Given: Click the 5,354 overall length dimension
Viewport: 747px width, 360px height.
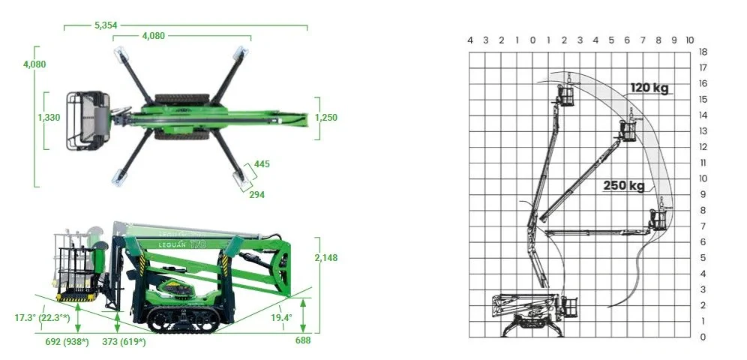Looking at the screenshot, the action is coord(106,25).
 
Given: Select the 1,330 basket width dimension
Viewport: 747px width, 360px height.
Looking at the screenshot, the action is coord(49,117).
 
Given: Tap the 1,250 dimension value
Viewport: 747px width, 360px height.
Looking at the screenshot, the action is coord(325,117).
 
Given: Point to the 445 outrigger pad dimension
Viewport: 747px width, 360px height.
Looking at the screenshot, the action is coord(262,164).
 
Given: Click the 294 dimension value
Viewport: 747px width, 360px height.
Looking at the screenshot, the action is coord(256,195).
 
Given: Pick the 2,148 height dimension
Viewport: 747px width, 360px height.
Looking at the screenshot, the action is coord(325,257).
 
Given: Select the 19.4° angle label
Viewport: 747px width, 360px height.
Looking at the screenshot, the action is coord(282,317).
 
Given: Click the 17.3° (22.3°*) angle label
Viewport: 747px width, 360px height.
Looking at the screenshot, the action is coord(43,317).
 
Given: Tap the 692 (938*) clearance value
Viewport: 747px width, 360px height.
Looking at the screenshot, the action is coord(67,341).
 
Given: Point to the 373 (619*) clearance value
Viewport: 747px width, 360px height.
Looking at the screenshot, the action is coord(124,341).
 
